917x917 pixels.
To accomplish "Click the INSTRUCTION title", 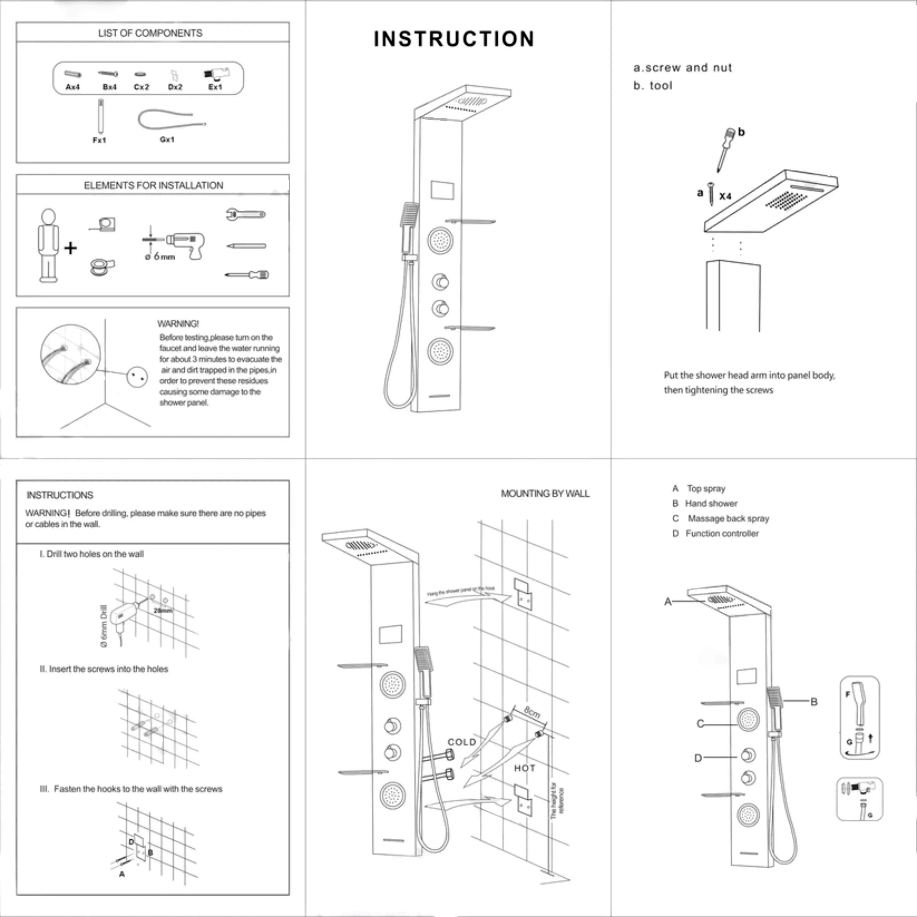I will click(x=454, y=39).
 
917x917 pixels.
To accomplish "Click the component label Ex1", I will click(x=215, y=87).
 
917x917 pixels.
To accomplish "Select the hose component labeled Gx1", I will click(x=171, y=121).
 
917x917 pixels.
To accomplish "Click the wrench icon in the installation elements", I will click(x=245, y=214).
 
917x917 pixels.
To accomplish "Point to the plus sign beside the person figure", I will click(x=70, y=248).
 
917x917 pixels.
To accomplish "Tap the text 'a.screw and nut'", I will click(x=682, y=68).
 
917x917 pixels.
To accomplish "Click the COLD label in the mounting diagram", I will click(x=462, y=742).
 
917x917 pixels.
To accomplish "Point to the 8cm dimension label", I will click(x=532, y=712).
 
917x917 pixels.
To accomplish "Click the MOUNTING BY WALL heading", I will click(x=545, y=494).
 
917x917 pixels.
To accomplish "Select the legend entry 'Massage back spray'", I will click(x=728, y=518).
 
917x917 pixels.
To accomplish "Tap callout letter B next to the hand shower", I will click(x=814, y=702).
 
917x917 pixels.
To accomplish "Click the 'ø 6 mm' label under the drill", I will click(x=160, y=257).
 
